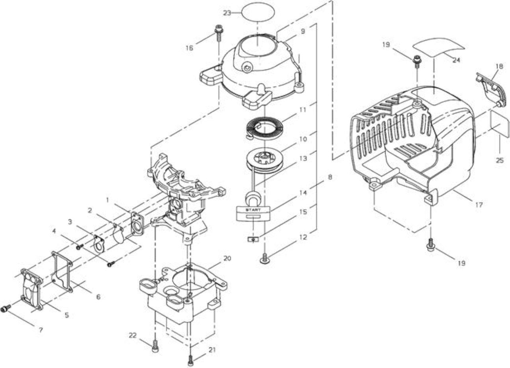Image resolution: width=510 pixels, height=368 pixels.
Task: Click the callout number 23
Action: coord(227,13)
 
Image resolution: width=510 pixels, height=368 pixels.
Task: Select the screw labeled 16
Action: coord(219,33)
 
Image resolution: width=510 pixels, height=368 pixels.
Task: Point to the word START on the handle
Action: coord(253,209)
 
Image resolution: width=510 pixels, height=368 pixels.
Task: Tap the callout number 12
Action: coord(303,238)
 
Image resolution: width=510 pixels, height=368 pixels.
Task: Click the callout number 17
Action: coord(479,205)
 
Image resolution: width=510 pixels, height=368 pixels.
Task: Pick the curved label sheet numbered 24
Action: coord(438,47)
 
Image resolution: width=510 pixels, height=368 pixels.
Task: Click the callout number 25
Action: coord(500,160)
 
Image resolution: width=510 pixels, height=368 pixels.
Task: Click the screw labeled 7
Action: coord(6,308)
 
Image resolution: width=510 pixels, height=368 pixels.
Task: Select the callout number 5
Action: coord(67,315)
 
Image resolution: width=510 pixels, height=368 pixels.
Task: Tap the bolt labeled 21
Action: coord(191,361)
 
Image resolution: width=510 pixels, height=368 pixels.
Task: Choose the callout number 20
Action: coord(227,258)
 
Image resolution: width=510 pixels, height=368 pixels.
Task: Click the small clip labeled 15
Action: coord(253,240)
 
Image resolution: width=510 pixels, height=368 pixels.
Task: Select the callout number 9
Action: coord(302,31)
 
